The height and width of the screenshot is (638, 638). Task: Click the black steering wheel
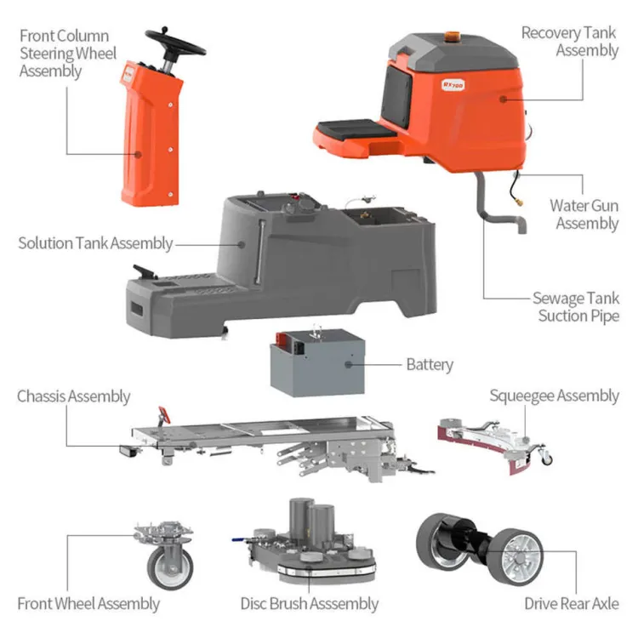pyautogui.click(x=176, y=43)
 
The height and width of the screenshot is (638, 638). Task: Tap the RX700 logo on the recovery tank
pyautogui.click(x=453, y=84)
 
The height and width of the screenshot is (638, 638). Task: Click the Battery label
pyautogui.click(x=430, y=365)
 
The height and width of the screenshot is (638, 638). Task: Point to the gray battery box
pyautogui.click(x=317, y=363)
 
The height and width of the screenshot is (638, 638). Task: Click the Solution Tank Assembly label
pyautogui.click(x=95, y=243)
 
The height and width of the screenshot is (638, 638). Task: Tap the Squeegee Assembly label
pyautogui.click(x=554, y=396)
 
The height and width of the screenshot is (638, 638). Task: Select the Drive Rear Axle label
pyautogui.click(x=572, y=603)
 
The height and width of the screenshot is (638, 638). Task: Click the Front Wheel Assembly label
pyautogui.click(x=88, y=604)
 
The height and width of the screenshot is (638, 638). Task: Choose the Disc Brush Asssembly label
pyautogui.click(x=310, y=604)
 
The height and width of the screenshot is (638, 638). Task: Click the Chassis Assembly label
pyautogui.click(x=74, y=396)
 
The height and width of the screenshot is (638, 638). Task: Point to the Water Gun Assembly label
pyautogui.click(x=584, y=214)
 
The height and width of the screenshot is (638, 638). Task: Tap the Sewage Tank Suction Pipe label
pyautogui.click(x=576, y=307)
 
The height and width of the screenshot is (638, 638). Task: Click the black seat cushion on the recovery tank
pyautogui.click(x=355, y=129)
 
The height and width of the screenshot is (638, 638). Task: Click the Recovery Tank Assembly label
pyautogui.click(x=570, y=42)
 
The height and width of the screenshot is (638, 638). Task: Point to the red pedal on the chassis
pyautogui.click(x=164, y=414)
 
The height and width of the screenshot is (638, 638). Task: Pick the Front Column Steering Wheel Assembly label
pyautogui.click(x=68, y=54)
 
